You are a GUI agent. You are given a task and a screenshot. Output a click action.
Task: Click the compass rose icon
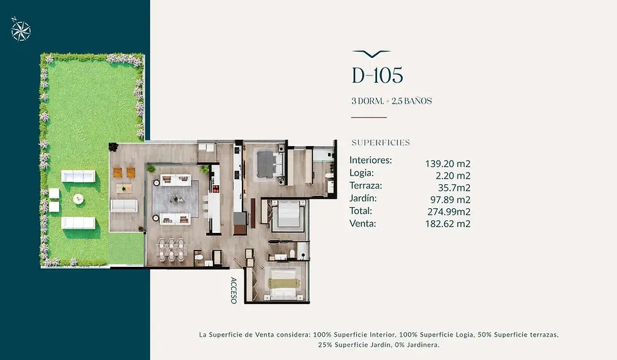pyautogui.click(x=20, y=29)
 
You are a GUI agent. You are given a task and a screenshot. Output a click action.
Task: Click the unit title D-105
pyautogui.click(x=377, y=75)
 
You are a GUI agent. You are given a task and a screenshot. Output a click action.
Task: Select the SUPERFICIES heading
pyautogui.click(x=380, y=142)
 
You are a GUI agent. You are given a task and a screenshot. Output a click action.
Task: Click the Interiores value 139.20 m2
pyautogui.click(x=448, y=164)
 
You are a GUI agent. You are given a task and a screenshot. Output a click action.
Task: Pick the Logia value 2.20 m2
pyautogui.click(x=453, y=176)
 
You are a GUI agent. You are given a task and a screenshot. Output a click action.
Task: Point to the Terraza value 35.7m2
pyautogui.click(x=454, y=188)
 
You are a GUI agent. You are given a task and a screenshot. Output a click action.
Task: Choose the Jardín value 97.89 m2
pyautogui.click(x=450, y=200)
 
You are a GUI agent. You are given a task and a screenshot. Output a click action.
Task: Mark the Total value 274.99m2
pyautogui.click(x=449, y=211)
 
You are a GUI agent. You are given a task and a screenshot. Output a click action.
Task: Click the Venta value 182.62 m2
pyautogui.click(x=448, y=224)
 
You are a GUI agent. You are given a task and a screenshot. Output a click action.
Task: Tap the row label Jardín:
pyautogui.click(x=363, y=198)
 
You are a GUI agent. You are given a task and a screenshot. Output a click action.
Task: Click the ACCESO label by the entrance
pyautogui.click(x=234, y=290)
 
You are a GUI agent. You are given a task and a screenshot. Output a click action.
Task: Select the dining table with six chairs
pyautogui.click(x=171, y=249)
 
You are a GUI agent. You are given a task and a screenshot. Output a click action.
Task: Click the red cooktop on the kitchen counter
pyautogui.click(x=215, y=184)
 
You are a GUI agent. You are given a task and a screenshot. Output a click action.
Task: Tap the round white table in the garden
pyautogui.click(x=78, y=199)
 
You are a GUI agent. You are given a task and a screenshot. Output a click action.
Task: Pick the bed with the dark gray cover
pyautogui.click(x=270, y=164)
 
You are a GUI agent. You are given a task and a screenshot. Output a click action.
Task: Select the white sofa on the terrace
pyautogui.click(x=125, y=205)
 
